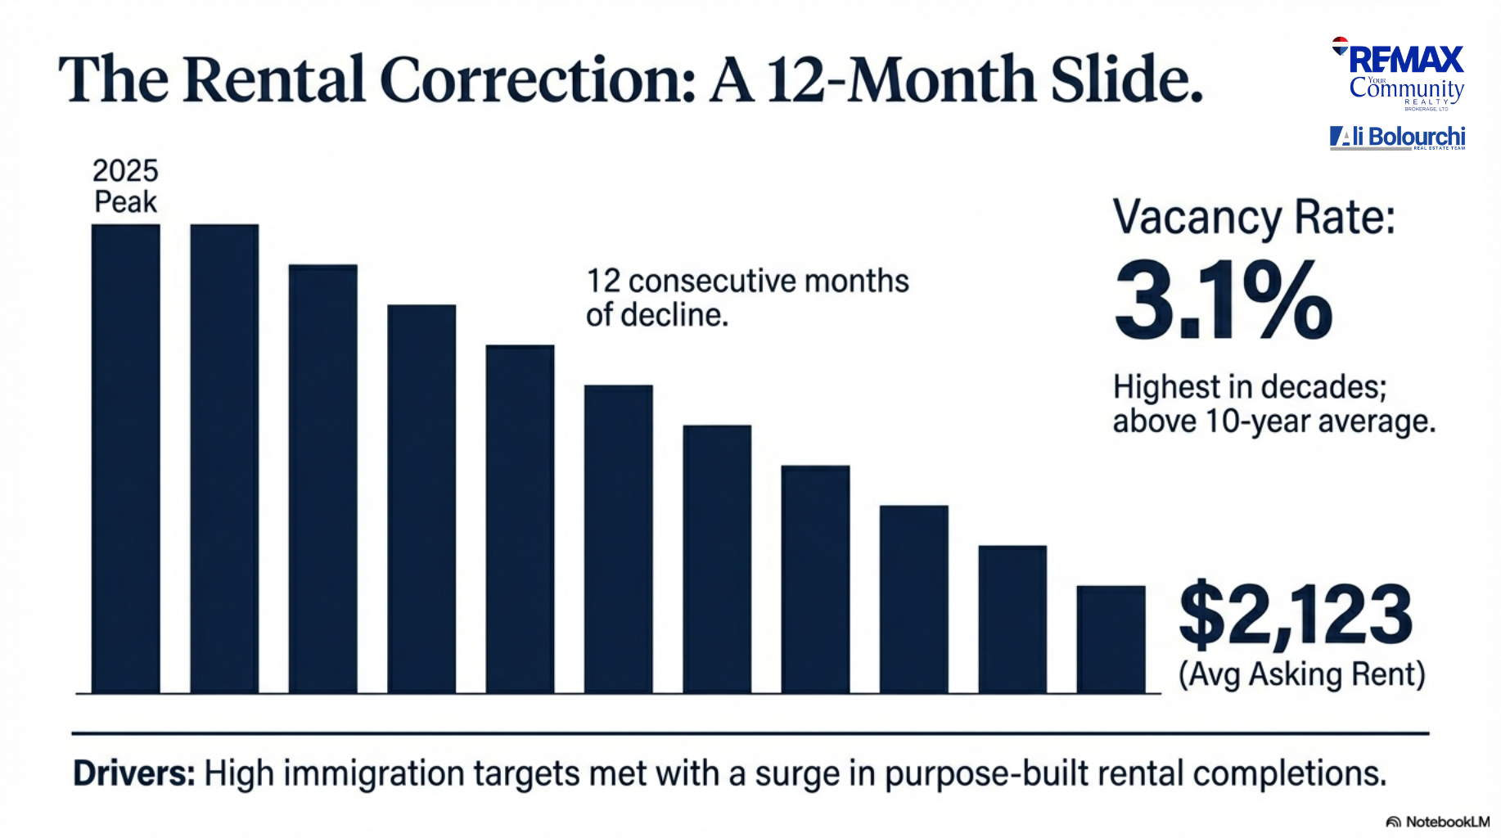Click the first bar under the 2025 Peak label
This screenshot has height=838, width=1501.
[125, 458]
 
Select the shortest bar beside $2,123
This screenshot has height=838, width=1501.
[1111, 639]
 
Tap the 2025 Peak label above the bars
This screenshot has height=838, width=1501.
[125, 187]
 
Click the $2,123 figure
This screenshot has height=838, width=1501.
[1296, 616]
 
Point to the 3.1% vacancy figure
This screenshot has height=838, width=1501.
[1224, 300]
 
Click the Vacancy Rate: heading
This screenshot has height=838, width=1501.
[1254, 218]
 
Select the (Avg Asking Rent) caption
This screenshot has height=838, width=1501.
[1301, 674]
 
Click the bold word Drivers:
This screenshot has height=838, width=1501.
[134, 773]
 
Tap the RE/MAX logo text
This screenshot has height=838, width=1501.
[1406, 60]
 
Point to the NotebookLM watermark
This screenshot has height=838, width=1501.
[1438, 822]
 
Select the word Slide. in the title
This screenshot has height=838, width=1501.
[1126, 80]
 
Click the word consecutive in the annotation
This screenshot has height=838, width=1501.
[712, 282]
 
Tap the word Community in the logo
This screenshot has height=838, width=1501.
[1406, 88]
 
